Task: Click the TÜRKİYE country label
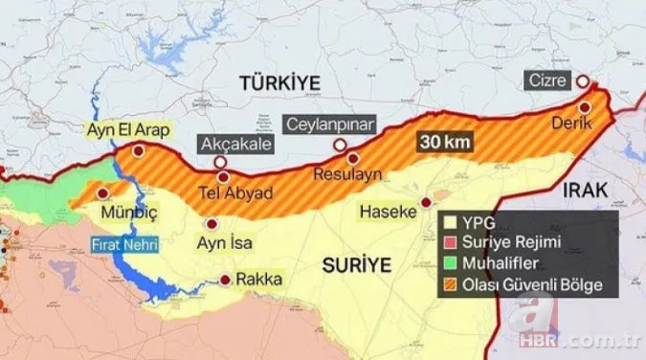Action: (x=280, y=83)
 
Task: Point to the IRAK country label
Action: (x=585, y=191)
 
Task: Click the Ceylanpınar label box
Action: (x=332, y=124)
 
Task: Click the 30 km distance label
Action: (x=446, y=142)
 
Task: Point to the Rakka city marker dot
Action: (x=225, y=281)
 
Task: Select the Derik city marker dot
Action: (x=583, y=107)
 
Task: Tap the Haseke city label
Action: (x=388, y=210)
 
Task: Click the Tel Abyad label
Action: (x=234, y=192)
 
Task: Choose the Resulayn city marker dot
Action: (x=352, y=159)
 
